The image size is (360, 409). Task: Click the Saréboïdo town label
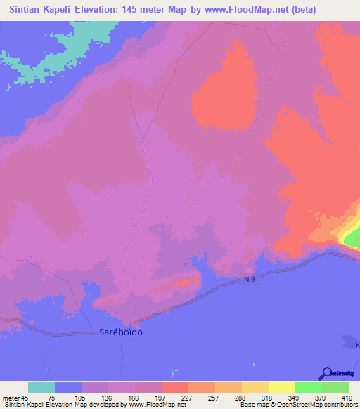(x=118, y=332)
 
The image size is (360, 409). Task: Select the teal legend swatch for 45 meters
(x=41, y=387)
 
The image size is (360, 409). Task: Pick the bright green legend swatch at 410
(x=335, y=387)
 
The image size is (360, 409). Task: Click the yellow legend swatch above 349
(x=282, y=387)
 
